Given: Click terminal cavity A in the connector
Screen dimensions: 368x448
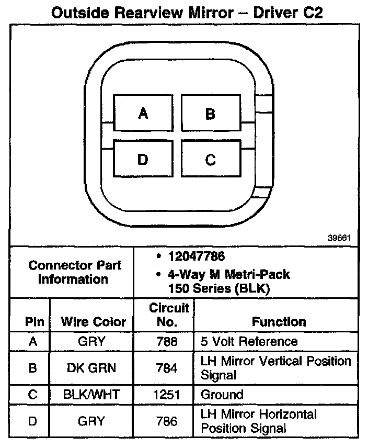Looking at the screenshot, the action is pyautogui.click(x=142, y=113).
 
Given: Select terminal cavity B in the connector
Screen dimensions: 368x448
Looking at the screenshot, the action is pyautogui.click(x=210, y=113).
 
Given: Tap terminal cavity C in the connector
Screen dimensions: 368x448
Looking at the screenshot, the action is pyautogui.click(x=210, y=159).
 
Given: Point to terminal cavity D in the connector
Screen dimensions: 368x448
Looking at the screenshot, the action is pyautogui.click(x=142, y=159).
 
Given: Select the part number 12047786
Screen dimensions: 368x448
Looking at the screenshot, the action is pyautogui.click(x=196, y=257).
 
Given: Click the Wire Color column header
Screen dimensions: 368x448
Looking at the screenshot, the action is pyautogui.click(x=94, y=321).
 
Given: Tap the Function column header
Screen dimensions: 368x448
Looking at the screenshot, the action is pyautogui.click(x=279, y=321).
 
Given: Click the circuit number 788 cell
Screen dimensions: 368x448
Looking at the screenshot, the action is pyautogui.click(x=167, y=342).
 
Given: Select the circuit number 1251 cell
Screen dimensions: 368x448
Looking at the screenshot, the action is pyautogui.click(x=167, y=395).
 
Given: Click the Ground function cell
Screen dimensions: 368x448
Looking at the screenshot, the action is pyautogui.click(x=222, y=395).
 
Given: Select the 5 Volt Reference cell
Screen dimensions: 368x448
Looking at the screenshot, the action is pyautogui.click(x=249, y=342).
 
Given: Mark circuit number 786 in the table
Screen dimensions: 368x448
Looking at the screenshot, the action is pyautogui.click(x=167, y=421).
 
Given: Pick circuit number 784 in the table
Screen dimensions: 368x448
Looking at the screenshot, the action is pyautogui.click(x=167, y=368).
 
